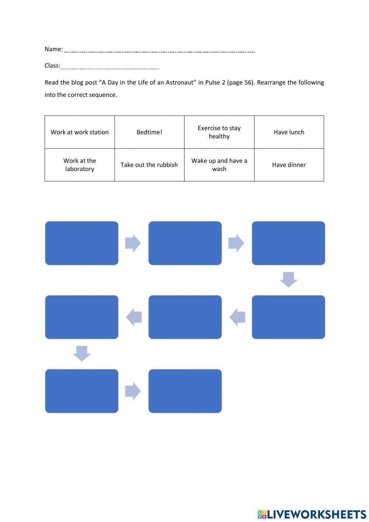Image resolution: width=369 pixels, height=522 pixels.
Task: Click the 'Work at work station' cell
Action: (x=80, y=132)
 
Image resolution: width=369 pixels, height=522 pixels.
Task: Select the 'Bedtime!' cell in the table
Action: (x=149, y=132)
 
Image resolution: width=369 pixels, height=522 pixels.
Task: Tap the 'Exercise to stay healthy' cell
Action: (x=219, y=132)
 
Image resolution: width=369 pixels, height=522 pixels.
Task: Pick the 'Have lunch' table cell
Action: (x=289, y=132)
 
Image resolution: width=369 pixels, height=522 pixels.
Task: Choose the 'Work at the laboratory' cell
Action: (x=80, y=165)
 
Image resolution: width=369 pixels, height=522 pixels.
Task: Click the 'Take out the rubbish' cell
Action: (x=149, y=165)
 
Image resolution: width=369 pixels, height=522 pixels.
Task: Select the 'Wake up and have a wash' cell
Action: (x=219, y=165)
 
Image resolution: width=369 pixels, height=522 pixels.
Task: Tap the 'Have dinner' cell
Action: (x=289, y=165)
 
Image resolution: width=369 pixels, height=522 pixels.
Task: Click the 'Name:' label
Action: (x=54, y=49)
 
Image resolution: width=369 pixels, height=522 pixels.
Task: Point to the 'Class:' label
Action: (x=52, y=66)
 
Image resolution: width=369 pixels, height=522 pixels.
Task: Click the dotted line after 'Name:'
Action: (x=159, y=52)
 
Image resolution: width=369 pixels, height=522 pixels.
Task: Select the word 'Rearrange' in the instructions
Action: (x=271, y=82)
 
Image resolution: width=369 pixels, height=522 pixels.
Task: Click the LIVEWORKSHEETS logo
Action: (x=312, y=514)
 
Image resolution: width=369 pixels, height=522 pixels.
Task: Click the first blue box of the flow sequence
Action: (x=82, y=243)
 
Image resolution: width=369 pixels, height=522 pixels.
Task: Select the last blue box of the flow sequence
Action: (x=185, y=391)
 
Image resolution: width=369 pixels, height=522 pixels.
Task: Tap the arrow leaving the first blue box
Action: (x=133, y=243)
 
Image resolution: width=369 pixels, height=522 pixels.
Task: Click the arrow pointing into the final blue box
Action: (x=133, y=391)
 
